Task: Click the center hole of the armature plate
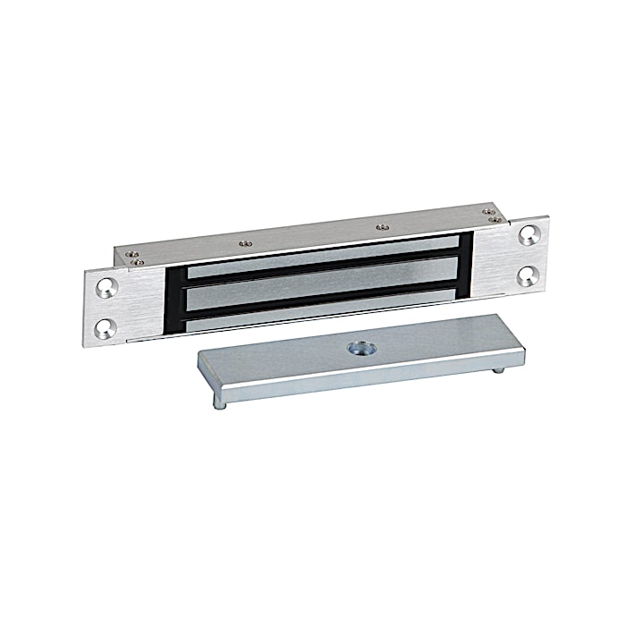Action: click(x=366, y=347)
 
